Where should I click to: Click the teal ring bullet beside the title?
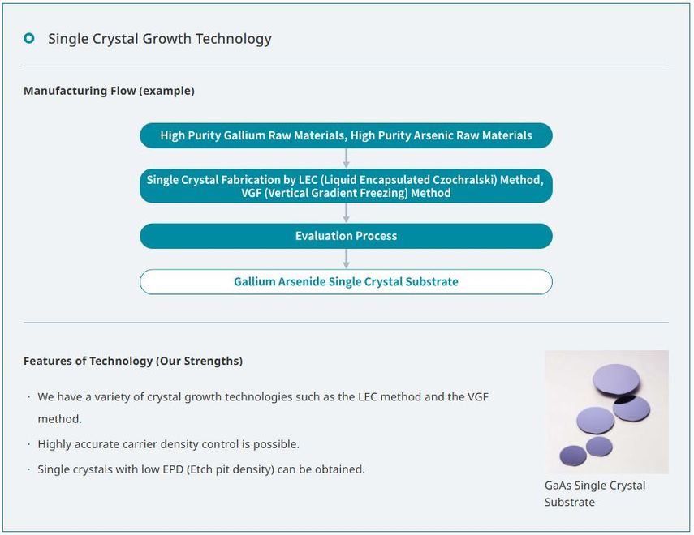coord(29,38)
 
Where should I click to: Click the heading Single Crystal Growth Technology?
coord(159,38)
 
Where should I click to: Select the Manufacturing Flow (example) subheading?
coord(109,91)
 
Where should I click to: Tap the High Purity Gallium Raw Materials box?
coord(346,135)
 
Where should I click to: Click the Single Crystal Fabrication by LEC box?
coord(346,186)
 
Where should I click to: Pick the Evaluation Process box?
coord(346,236)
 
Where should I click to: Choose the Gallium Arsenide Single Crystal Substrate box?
coord(346,281)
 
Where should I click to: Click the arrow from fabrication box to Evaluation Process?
coord(347,212)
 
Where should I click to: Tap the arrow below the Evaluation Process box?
coord(347,259)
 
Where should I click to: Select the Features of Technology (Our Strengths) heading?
coord(133,361)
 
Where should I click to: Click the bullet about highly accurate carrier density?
coord(169,444)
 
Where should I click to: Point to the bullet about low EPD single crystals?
coord(201,469)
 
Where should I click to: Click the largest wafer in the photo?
coord(616,379)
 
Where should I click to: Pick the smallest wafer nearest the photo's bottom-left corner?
coord(573,456)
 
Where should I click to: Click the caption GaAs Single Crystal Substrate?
coord(595,494)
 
